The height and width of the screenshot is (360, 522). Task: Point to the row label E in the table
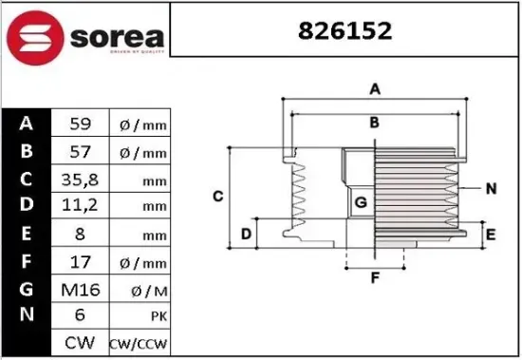point(26,233)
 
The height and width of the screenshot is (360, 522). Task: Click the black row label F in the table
point(26,260)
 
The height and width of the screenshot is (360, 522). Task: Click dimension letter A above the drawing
point(375,89)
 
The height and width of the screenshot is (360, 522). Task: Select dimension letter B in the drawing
point(375,122)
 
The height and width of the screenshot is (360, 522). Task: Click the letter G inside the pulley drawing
point(361,202)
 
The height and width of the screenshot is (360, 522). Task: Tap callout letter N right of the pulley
point(491,188)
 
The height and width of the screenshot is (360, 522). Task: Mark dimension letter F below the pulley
point(375,278)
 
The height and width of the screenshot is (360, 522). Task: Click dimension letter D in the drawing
point(245,234)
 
